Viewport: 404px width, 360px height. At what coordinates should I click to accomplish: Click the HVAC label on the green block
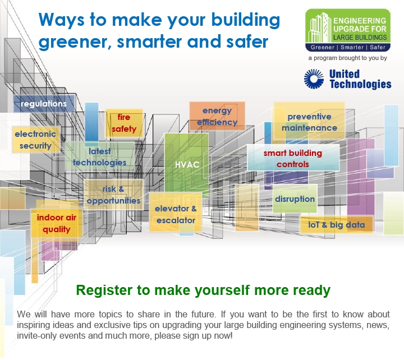pos(187,164)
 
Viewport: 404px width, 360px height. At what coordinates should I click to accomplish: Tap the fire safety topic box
pos(124,123)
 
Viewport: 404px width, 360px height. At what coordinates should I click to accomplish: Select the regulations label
pos(44,104)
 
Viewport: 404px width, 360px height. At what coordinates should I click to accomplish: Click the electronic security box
pos(35,140)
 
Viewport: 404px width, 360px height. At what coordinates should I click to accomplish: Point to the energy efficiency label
pos(217,116)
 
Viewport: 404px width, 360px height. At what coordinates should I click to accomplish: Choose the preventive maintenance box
pos(309,121)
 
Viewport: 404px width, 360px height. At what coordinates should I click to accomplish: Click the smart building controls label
pos(293,158)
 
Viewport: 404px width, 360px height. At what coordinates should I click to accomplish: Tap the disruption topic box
pos(295,199)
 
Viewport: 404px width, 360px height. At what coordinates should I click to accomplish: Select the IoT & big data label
pos(337,225)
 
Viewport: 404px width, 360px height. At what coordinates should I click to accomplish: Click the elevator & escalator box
pos(176,212)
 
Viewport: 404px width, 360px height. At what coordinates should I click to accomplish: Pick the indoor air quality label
pos(57,223)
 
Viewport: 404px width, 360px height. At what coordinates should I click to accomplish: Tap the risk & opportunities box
pos(113,195)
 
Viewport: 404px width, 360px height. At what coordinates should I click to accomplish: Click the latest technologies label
pos(99,157)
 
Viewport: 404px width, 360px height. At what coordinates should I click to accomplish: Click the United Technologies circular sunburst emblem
pos(314,79)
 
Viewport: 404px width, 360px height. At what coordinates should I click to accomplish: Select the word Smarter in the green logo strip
pos(352,47)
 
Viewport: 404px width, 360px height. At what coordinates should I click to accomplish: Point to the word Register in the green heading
pos(104,290)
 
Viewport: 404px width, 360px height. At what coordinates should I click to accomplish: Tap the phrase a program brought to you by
pos(347,58)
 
